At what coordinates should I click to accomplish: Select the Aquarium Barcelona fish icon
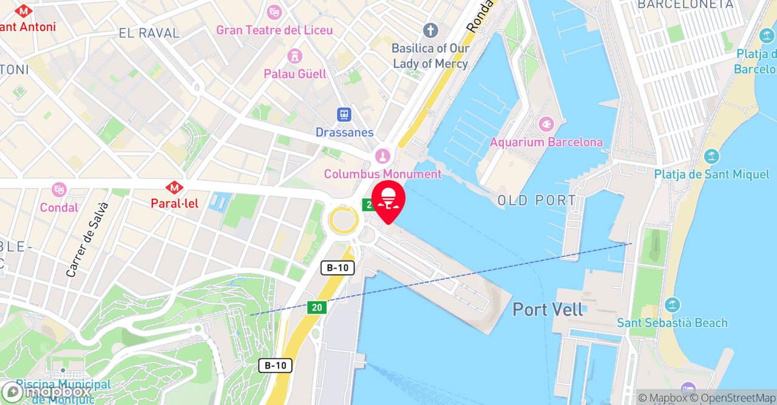[x=546, y=125]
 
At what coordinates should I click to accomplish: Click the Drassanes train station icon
[x=344, y=115]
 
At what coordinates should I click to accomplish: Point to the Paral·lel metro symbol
[x=175, y=187]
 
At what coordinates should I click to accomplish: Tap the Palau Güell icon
[x=295, y=56]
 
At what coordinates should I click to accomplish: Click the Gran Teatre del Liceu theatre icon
[x=274, y=12]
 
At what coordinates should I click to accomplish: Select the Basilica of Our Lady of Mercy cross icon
[x=430, y=30]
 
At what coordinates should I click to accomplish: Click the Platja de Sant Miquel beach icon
[x=711, y=157]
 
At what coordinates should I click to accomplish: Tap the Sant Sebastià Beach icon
[x=672, y=305]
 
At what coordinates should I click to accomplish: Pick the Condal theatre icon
[x=59, y=190]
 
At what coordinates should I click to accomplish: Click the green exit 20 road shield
[x=316, y=307]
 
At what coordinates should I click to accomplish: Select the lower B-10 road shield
[x=275, y=366]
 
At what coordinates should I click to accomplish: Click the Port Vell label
[x=548, y=309]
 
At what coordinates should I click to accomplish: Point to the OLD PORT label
[x=537, y=201]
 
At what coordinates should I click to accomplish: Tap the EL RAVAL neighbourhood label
[x=149, y=33]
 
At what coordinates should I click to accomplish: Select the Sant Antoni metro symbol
[x=24, y=11]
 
